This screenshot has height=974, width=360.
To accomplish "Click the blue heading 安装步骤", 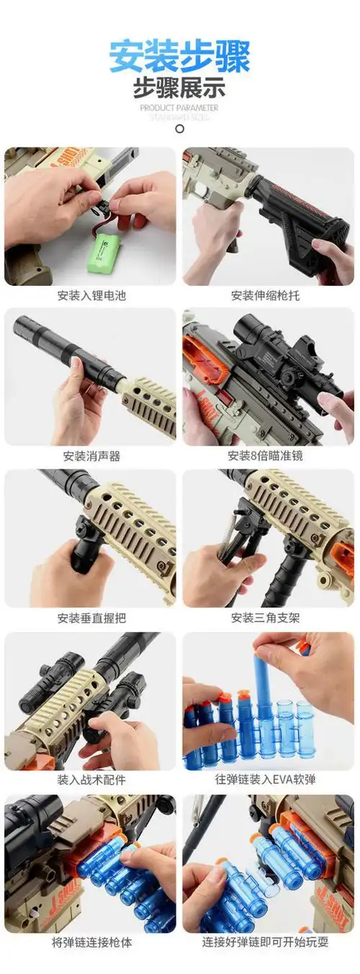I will coord(179,56).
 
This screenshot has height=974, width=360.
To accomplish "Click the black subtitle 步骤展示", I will coord(179,89).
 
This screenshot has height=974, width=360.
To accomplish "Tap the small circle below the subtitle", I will coord(179,129).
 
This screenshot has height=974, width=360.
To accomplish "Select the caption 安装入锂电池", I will coord(91,295).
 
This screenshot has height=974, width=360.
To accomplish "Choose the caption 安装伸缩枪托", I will coord(268,295).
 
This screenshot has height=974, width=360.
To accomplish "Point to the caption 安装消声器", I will coord(91,456).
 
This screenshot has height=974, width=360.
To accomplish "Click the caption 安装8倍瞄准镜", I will coord(268,456).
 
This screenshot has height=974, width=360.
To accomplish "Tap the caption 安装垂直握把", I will coord(91,618).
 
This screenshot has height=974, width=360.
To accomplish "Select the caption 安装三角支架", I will coord(268,618).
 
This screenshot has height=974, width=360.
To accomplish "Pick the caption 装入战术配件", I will coord(91,780).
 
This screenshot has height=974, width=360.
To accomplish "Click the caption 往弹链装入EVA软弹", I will coord(268,780).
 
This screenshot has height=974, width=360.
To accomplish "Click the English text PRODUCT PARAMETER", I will coord(179,108).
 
